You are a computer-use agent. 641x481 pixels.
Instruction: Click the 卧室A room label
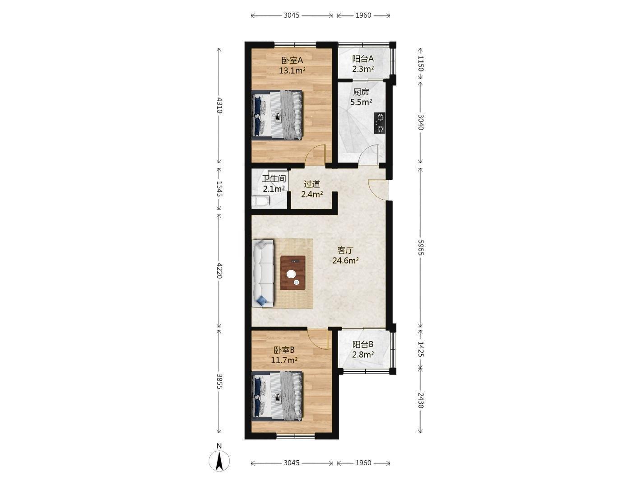292,61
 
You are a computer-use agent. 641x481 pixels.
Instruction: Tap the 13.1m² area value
292,70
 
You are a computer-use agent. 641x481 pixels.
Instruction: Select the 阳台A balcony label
362,59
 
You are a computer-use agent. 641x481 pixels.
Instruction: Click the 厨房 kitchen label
361,92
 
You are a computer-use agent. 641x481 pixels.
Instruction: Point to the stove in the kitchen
380,123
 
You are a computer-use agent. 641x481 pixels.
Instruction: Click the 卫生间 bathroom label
274,178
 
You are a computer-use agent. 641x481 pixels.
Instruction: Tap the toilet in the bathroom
261,201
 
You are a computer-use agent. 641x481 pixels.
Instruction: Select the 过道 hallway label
312,184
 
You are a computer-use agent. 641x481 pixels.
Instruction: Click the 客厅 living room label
345,250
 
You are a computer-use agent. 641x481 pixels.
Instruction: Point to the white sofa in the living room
263,273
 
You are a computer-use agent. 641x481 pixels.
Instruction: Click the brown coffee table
293,273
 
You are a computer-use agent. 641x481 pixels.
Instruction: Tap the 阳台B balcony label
362,345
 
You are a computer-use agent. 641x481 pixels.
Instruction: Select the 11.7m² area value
284,360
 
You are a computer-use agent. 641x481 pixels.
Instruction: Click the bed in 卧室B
277,396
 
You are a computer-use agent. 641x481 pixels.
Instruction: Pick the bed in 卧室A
277,115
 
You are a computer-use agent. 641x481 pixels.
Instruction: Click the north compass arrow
219,461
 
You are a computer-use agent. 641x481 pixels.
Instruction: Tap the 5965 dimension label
421,248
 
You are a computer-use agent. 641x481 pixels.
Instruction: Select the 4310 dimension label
219,105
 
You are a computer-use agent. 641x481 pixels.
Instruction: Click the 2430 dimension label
421,400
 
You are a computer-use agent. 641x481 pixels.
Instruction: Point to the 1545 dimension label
219,189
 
